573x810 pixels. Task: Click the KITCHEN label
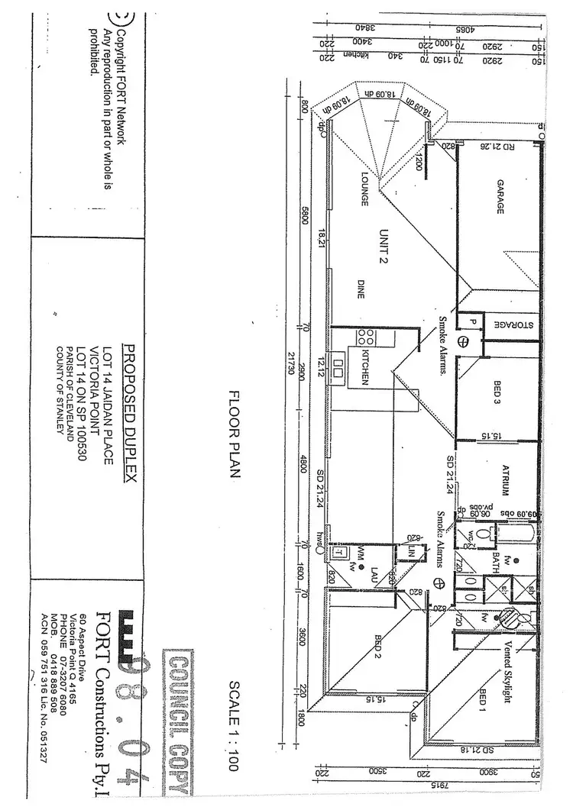pyautogui.click(x=366, y=366)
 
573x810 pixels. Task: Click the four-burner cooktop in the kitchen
pyautogui.click(x=365, y=337)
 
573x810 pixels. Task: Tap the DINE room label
pyautogui.click(x=361, y=289)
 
